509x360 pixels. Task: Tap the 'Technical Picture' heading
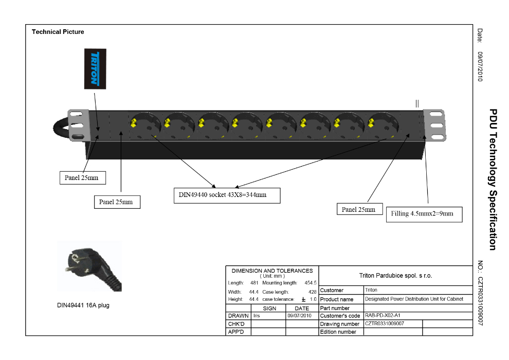pos(58,32)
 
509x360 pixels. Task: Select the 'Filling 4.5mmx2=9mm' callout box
pos(424,213)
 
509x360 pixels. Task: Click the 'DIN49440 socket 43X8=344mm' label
pos(227,195)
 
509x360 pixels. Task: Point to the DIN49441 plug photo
pos(90,266)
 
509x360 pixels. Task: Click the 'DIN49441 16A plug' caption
pos(83,305)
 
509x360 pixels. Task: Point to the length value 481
pos(254,283)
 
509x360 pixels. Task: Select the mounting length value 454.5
pos(310,283)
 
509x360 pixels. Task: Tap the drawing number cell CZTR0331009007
pos(385,324)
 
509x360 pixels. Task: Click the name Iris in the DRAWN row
pos(257,316)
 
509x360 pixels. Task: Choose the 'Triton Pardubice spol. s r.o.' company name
pos(395,276)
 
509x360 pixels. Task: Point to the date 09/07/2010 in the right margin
pos(480,67)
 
